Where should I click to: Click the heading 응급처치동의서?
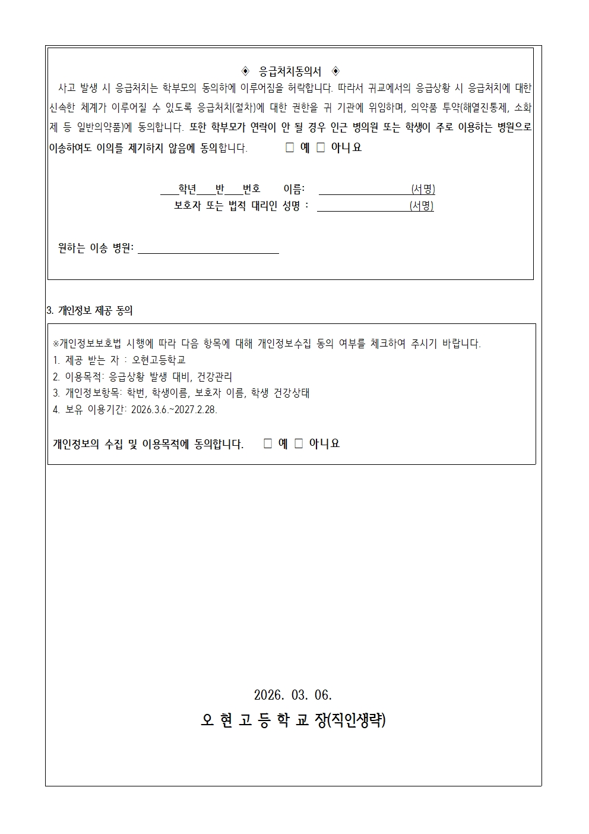[x=290, y=72]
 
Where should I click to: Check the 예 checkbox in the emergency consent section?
[x=290, y=147]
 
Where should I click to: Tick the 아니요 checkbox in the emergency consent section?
[x=321, y=147]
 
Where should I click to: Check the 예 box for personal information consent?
[x=268, y=443]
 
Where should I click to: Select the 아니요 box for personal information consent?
[x=299, y=443]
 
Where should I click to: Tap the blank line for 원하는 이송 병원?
[x=208, y=248]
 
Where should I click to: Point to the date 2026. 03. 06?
[x=293, y=695]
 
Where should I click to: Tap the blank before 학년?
[x=169, y=190]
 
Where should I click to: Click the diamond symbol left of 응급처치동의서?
[x=246, y=72]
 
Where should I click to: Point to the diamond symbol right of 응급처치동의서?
[x=335, y=72]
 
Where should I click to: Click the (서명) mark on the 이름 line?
[x=423, y=190]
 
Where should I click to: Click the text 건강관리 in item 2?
[x=214, y=377]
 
